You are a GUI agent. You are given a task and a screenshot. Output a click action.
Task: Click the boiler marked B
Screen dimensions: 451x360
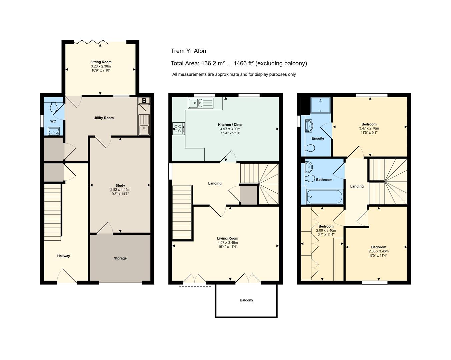click(x=144, y=101)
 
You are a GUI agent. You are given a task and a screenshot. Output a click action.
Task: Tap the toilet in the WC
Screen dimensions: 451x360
click(x=54, y=107)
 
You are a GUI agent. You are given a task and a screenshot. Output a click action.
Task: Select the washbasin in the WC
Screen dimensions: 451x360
click(x=53, y=131)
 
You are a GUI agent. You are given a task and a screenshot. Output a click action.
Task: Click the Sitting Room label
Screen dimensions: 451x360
click(x=101, y=62)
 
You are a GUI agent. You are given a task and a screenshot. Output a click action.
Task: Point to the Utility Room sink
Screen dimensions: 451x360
click(x=144, y=124)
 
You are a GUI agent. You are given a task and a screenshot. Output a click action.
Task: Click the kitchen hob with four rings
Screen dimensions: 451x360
click(x=179, y=129)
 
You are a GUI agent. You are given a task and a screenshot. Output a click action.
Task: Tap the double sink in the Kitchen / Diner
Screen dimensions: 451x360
click(x=201, y=103)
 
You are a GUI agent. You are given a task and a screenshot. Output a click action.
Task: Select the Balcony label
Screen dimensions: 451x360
click(x=246, y=300)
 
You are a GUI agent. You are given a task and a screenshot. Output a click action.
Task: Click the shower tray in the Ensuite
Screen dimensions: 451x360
click(x=321, y=105)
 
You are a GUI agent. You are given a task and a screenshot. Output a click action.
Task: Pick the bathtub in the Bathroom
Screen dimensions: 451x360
click(x=324, y=197)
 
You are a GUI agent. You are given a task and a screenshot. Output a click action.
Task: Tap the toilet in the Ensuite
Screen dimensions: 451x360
click(x=310, y=149)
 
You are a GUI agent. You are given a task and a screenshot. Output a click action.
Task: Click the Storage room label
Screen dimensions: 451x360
click(x=120, y=258)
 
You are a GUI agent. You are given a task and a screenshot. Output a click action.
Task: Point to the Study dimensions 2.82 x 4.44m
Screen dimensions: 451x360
click(x=120, y=190)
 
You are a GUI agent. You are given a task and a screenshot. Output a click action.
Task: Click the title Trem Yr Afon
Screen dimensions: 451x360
click(x=188, y=51)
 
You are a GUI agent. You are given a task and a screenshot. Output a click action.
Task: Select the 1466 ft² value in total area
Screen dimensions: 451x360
click(x=244, y=63)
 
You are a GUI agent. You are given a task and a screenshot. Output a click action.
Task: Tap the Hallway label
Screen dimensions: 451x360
click(x=63, y=256)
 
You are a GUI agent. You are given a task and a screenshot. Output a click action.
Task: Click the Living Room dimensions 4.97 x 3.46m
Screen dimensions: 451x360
click(x=228, y=243)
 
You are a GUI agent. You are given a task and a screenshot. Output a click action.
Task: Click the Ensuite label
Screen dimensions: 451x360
click(x=318, y=138)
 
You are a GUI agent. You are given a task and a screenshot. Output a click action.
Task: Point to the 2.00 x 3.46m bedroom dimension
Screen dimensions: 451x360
click(x=326, y=230)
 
